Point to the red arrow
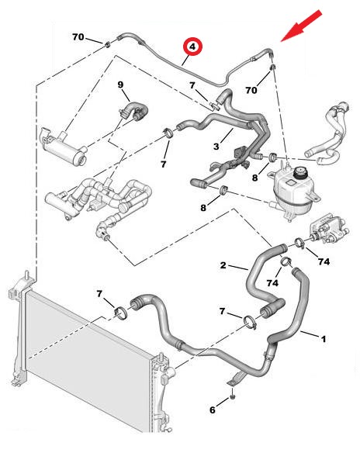tap(302, 26)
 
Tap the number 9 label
tap(120, 85)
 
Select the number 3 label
tap(216, 146)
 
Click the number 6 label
tap(213, 410)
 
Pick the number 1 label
tap(324, 339)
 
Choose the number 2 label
tap(223, 265)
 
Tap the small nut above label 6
tap(233, 396)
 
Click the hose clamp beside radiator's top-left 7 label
tap(121, 313)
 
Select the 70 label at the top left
tap(78, 37)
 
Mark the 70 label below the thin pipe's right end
tap(251, 90)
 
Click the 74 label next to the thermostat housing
tap(324, 261)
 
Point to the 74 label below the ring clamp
tap(272, 283)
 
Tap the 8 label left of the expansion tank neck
tap(254, 178)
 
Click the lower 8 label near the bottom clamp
tap(203, 207)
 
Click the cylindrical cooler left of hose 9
tap(64, 147)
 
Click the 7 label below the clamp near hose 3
tap(164, 164)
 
